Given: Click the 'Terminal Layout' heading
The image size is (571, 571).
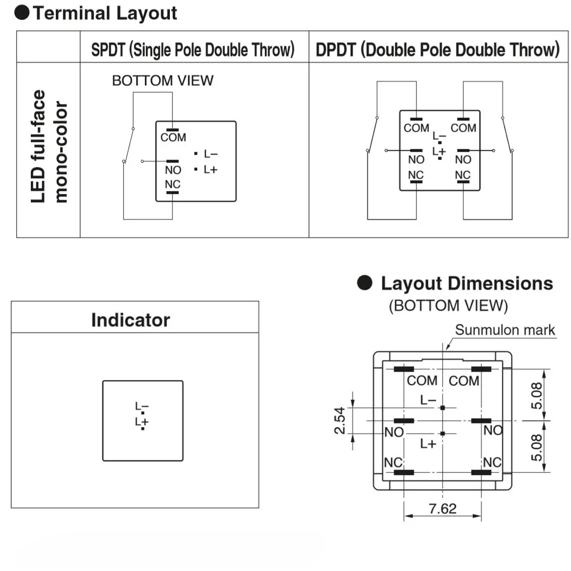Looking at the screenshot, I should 104,13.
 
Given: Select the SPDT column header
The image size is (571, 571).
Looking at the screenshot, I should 193,49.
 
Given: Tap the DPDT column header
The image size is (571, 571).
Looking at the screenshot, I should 437,49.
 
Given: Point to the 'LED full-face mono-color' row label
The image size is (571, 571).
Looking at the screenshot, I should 48,146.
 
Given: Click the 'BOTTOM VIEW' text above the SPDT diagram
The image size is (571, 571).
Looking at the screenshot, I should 163,80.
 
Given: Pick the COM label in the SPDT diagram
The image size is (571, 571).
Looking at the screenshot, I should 173,138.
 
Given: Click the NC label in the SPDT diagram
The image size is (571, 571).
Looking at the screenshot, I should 172,185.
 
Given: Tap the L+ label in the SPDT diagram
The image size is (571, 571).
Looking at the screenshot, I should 211,169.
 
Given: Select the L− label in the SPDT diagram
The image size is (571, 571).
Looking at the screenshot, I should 211,154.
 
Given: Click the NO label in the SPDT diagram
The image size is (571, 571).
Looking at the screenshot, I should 173,170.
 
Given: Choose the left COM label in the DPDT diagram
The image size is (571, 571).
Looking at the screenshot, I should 416,128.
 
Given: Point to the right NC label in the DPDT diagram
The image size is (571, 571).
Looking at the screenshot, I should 462,175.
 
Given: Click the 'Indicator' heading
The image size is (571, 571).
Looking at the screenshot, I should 130,320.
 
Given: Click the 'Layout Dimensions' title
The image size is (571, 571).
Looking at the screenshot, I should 467,284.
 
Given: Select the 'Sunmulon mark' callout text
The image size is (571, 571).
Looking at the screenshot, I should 505,330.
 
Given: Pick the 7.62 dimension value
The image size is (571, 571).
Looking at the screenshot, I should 442,509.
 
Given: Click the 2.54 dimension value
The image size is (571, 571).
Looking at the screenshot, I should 340,421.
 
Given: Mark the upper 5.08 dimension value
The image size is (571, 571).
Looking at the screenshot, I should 537,395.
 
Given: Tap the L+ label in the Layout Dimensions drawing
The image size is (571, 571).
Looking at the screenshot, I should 428,444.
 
